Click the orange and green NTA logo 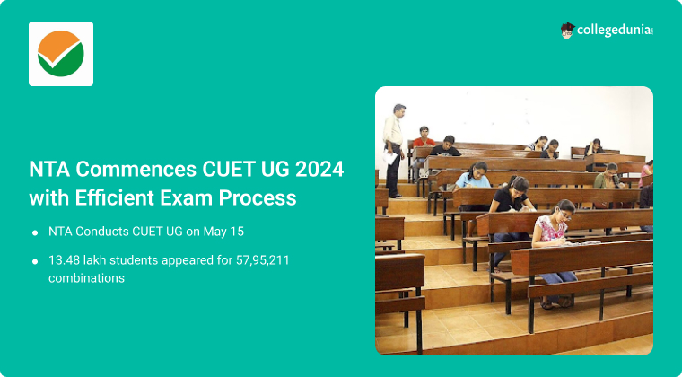tap(61, 54)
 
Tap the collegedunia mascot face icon tap(567, 31)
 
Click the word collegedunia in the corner tap(615, 31)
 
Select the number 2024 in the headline tap(319, 170)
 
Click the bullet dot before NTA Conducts tap(35, 232)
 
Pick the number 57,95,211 tap(262, 260)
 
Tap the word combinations tap(86, 278)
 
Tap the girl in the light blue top tap(473, 175)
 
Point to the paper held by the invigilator tap(390, 157)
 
